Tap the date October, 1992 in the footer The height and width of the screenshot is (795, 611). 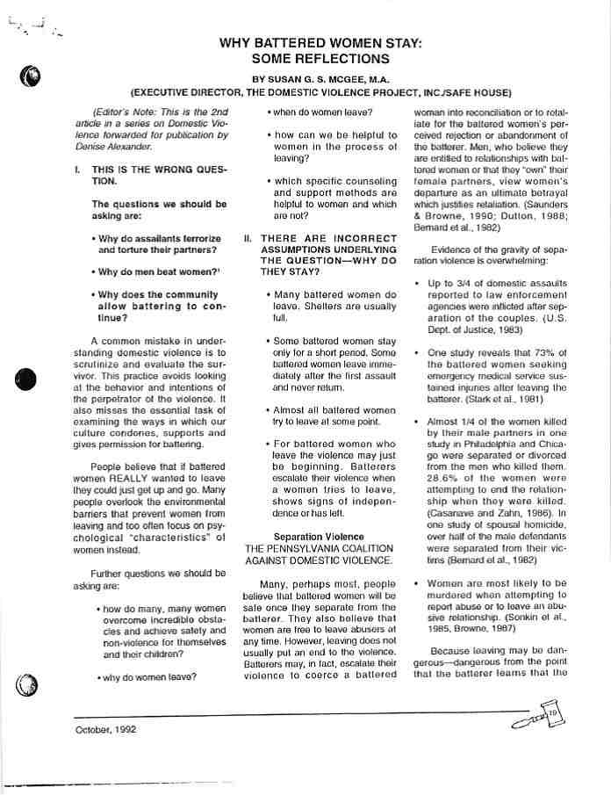[x=105, y=729]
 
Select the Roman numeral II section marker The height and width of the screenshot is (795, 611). [x=248, y=238]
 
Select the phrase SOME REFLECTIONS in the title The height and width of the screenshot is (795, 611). [x=320, y=59]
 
